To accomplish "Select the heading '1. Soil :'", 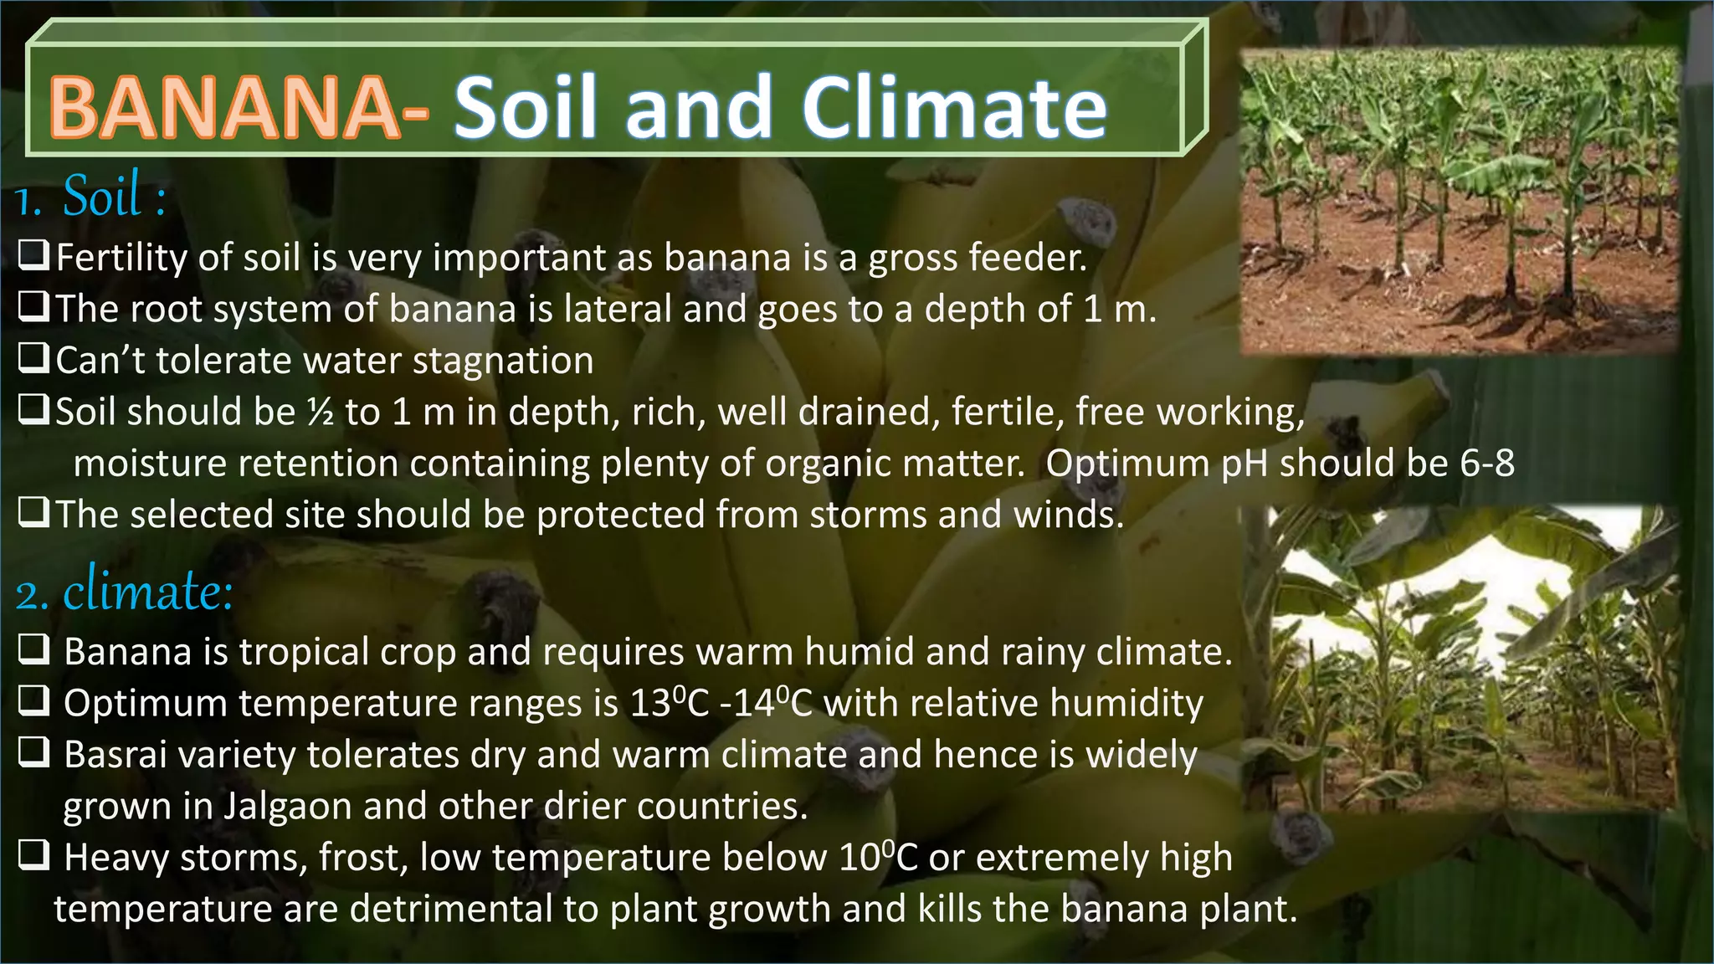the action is pos(90,197).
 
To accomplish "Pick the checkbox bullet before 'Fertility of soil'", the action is pos(33,255).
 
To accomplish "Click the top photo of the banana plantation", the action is pos(1460,201).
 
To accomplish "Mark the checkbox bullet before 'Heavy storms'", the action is pos(34,856).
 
